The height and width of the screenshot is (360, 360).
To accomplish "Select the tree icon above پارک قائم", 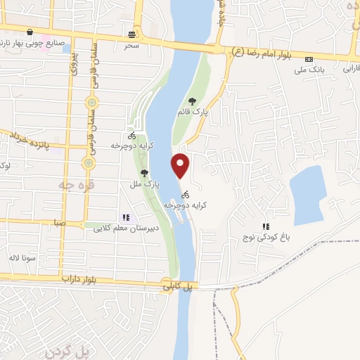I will click(193, 101).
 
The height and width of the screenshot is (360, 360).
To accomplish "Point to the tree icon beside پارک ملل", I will click(144, 172).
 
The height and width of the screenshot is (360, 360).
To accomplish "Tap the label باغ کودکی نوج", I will click(268, 237).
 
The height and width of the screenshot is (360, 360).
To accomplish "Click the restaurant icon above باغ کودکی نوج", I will click(266, 226).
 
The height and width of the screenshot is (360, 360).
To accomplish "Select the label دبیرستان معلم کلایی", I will click(127, 227).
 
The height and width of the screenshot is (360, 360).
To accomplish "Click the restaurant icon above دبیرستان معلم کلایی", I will click(126, 217).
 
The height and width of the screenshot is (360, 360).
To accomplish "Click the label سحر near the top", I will click(132, 45).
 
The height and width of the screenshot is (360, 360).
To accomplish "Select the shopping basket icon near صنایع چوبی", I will click(30, 32).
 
